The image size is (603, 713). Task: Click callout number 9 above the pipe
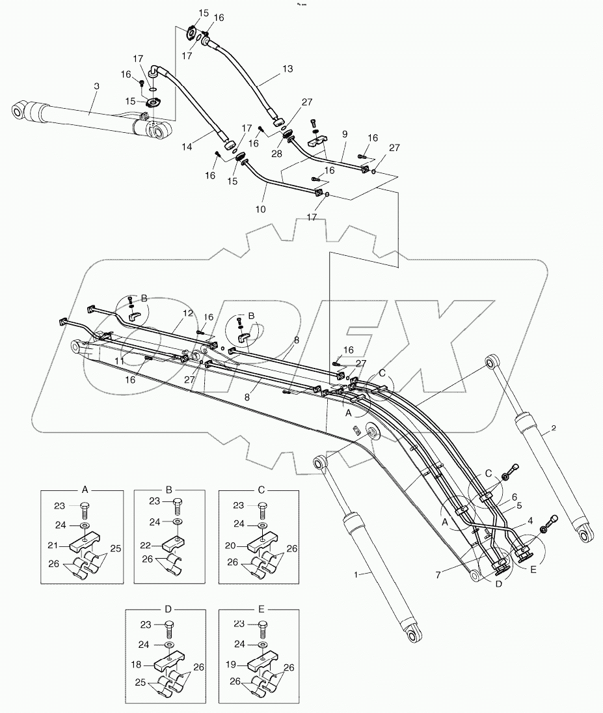click(x=344, y=134)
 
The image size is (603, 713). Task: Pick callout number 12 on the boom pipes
click(x=187, y=313)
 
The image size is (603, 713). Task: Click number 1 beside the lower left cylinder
click(x=356, y=575)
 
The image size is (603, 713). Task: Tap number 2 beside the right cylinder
click(x=553, y=428)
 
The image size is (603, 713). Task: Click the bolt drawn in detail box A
click(x=85, y=507)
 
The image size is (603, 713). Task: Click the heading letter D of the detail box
click(x=168, y=609)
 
